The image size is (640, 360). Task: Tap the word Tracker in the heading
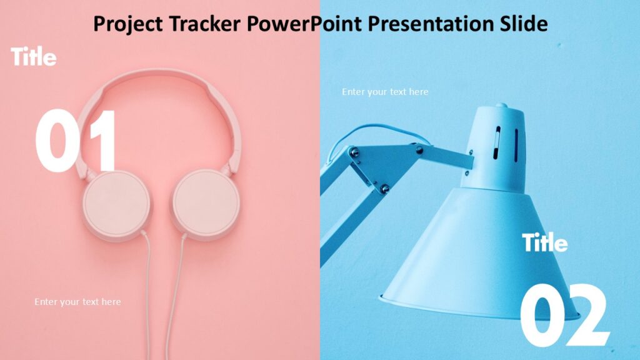click(205, 24)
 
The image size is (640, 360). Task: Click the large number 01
click(76, 141)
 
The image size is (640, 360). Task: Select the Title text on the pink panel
click(34, 57)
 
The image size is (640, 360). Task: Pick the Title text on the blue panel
click(545, 242)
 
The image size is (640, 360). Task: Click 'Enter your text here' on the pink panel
click(77, 302)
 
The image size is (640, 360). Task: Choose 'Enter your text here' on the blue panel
click(385, 92)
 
